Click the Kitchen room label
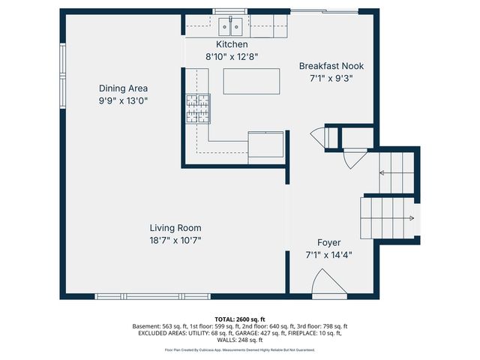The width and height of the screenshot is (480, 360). tap(232, 44)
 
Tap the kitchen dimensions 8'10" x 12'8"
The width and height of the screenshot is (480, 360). tap(232, 57)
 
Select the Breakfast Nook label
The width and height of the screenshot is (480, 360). tap(331, 66)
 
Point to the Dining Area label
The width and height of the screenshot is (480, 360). tap(123, 88)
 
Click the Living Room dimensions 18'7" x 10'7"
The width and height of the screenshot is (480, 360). tap(175, 241)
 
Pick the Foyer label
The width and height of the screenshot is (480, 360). tap(328, 243)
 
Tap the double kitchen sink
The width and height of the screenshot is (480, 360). tap(230, 27)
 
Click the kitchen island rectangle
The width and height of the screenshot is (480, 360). tap(251, 82)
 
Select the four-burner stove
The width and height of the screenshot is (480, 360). tap(198, 109)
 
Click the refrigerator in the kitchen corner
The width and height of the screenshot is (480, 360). tap(265, 144)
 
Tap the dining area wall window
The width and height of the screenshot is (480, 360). tap(62, 76)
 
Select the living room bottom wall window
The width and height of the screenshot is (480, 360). tap(152, 296)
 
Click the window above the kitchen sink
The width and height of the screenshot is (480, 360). tap(230, 12)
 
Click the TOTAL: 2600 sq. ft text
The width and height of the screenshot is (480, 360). tap(240, 319)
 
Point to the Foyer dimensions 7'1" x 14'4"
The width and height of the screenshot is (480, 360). tap(328, 255)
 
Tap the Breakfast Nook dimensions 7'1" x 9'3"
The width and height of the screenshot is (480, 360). tap(331, 79)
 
